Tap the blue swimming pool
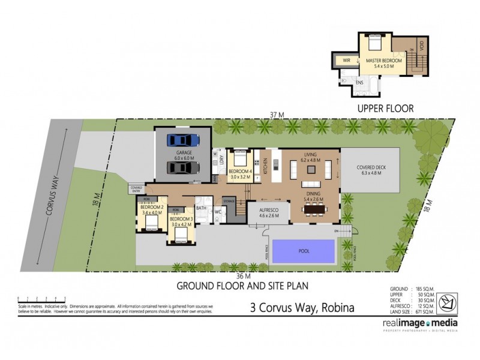304,251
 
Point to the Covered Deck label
369,170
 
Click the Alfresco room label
265,212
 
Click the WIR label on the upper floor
346,61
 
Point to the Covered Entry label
136,188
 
